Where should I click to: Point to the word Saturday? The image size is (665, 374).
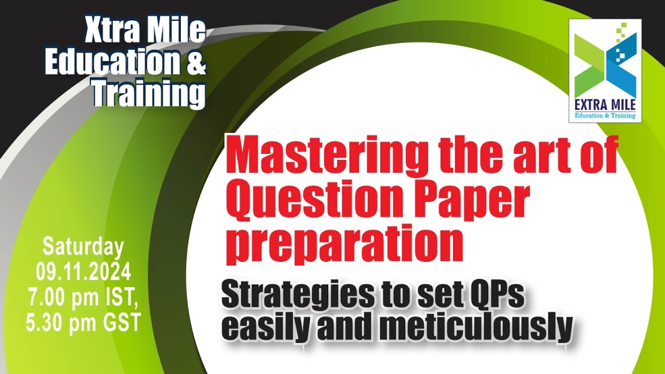point(83,247)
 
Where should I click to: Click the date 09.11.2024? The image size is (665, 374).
point(83,272)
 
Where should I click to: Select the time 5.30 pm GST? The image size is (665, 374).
point(83,323)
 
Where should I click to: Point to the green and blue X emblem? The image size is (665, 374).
point(605,62)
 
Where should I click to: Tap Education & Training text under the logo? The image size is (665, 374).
point(605,116)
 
